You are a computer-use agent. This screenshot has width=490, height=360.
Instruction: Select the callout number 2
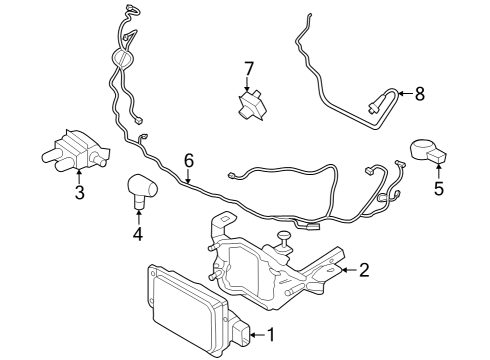coord(365,268)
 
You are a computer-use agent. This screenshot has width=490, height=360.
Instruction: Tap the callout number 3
coord(79,192)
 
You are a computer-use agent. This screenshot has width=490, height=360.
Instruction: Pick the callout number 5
coord(438,185)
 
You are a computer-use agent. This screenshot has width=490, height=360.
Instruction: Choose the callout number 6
coord(188,160)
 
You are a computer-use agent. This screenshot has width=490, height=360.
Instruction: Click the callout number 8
coord(420,95)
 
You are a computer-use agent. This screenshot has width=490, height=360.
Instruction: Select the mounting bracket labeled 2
coord(270,262)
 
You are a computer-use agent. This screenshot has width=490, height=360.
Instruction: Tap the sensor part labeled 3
coord(72,147)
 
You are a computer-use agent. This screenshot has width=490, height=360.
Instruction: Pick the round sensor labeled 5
coord(429,151)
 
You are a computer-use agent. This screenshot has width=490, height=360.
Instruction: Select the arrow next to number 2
coord(346,268)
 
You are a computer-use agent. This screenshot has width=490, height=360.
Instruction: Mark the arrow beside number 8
coord(402,96)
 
